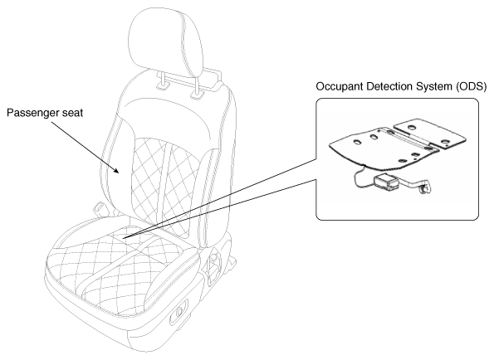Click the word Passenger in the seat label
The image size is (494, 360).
click(30, 113)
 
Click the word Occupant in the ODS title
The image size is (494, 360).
click(335, 86)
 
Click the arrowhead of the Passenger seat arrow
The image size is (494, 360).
click(116, 170)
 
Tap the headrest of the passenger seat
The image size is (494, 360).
click(166, 41)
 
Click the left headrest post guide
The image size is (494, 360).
click(162, 86)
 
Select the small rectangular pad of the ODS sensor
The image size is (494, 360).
click(430, 133)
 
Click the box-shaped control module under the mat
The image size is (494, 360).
click(387, 183)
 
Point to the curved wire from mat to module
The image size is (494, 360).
click(360, 178)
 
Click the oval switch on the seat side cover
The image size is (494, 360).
click(179, 313)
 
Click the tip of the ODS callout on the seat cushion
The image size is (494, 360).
click(123, 238)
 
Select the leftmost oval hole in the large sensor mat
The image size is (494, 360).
click(356, 143)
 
